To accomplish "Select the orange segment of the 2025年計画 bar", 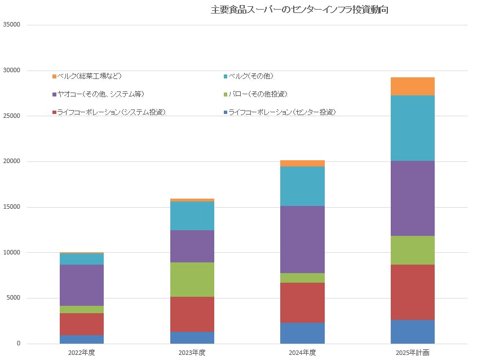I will coord(412,86).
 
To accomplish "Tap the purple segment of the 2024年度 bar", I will coord(302,239).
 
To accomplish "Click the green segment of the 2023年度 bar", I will coord(192,279).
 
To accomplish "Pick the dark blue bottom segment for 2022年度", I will coord(81,339).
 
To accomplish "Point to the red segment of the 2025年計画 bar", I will coord(412,292).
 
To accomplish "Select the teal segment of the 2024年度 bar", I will coord(302,186).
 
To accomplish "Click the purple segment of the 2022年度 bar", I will coord(81,285).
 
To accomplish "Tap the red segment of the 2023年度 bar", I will coord(192,314).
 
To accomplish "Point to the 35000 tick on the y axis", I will coord(11,25).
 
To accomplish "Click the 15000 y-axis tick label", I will coord(11,207).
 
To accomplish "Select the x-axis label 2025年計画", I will coord(412,353).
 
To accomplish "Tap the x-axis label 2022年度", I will coord(81,353).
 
